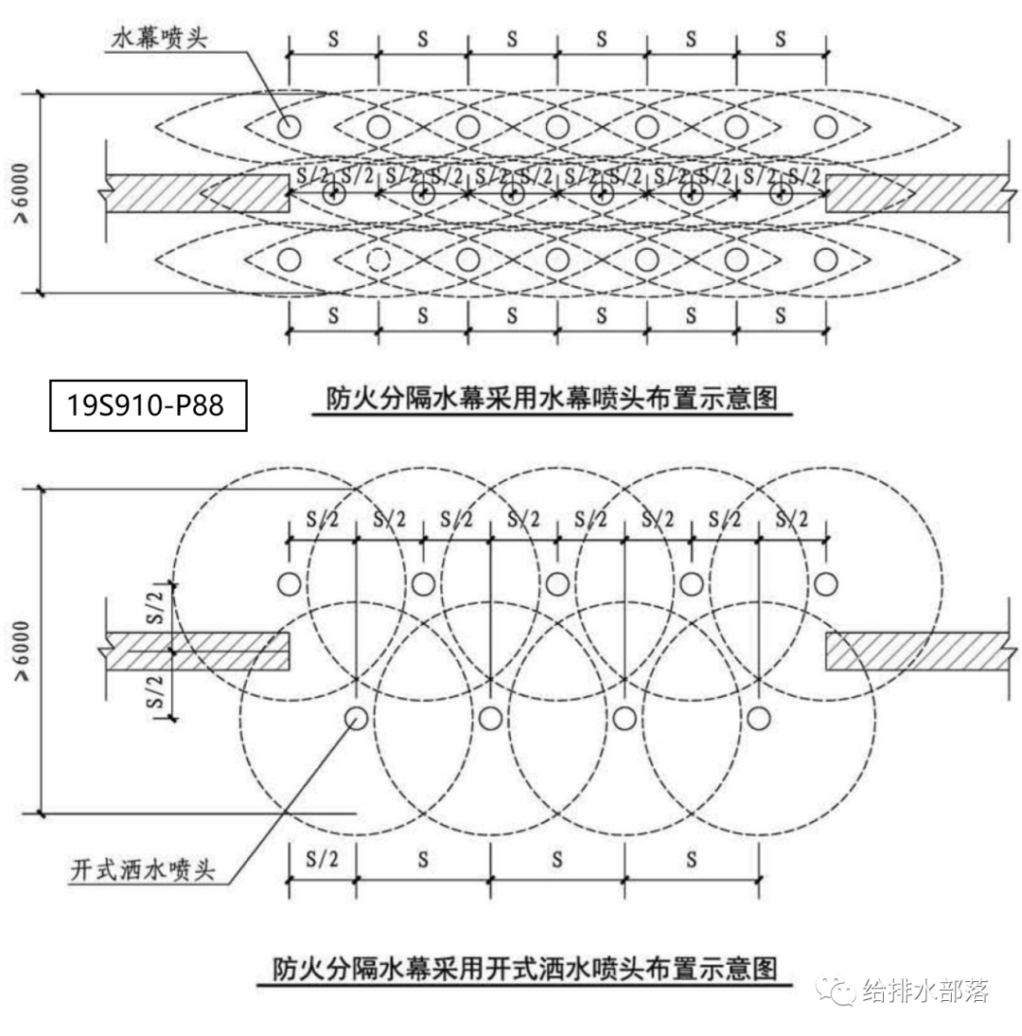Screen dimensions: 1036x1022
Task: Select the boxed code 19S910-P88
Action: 148,404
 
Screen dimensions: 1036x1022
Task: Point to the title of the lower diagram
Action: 524,969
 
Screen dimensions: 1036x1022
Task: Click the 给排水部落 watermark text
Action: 925,991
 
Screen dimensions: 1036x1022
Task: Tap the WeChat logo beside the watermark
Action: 838,991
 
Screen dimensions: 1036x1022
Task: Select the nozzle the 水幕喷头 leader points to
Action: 289,125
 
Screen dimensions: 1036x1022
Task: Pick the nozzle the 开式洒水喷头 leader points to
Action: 357,718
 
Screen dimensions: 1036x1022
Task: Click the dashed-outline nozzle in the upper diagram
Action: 378,259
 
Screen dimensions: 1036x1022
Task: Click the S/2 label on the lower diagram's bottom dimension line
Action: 322,860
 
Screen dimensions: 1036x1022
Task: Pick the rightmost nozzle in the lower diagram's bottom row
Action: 758,718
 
